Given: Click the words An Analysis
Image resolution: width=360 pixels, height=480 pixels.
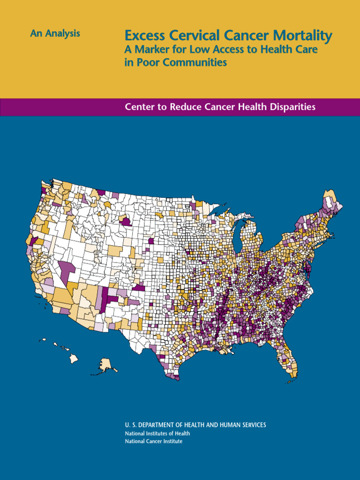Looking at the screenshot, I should point(55,34).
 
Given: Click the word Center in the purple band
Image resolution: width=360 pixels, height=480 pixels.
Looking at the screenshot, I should point(139,107).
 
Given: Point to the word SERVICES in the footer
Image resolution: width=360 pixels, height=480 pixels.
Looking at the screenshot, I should point(251,425).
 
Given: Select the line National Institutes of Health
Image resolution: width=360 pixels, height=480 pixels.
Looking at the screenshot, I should point(157,434).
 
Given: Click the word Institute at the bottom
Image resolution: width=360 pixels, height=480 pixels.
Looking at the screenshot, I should point(172,442).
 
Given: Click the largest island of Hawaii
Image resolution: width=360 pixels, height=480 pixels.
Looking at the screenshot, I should point(74,359).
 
